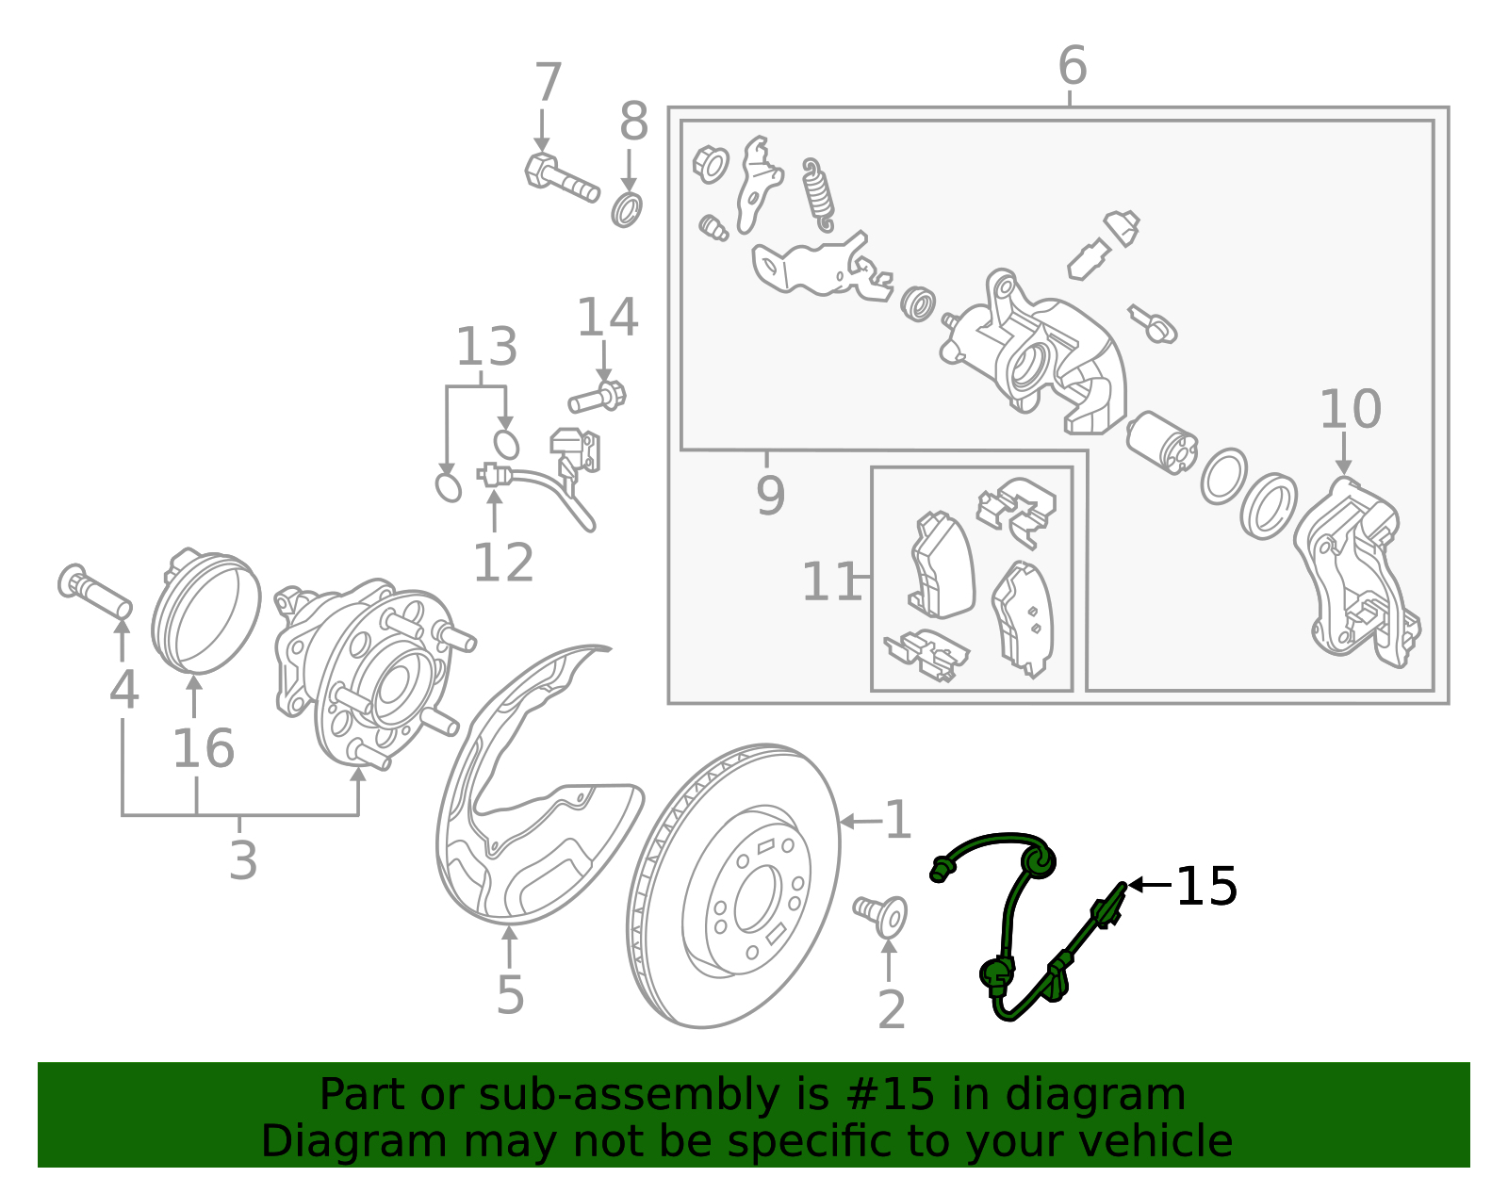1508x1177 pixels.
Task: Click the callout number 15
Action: pos(1207,887)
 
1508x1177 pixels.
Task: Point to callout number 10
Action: pos(1350,410)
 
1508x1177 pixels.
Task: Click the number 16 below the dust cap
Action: pos(203,749)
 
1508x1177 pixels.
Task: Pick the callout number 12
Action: pos(502,564)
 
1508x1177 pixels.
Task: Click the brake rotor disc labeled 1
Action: pos(733,886)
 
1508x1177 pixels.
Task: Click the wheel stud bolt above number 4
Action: pos(94,591)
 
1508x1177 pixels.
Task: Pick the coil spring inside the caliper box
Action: pos(818,193)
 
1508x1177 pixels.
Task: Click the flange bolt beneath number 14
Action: pos(598,398)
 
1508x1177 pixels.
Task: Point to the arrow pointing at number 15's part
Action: pos(1150,885)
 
